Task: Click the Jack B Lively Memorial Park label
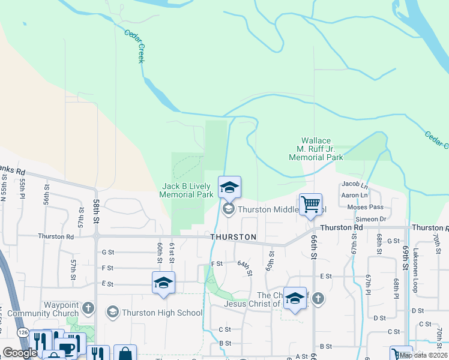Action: tap(187, 191)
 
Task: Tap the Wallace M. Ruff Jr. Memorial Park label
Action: tap(316, 149)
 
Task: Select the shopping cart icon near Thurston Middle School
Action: tap(310, 205)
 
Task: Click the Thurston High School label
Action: tap(162, 313)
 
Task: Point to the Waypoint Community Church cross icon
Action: tap(88, 308)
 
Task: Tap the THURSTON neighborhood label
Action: tap(234, 238)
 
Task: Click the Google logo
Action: tap(20, 353)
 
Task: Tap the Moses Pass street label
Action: tap(365, 207)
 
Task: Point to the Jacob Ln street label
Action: tap(354, 184)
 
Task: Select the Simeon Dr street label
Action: tap(366, 219)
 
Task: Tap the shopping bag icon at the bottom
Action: tap(125, 354)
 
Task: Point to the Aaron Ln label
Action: tap(354, 196)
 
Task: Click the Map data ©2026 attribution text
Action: tap(423, 355)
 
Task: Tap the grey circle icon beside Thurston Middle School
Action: tap(228, 209)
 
